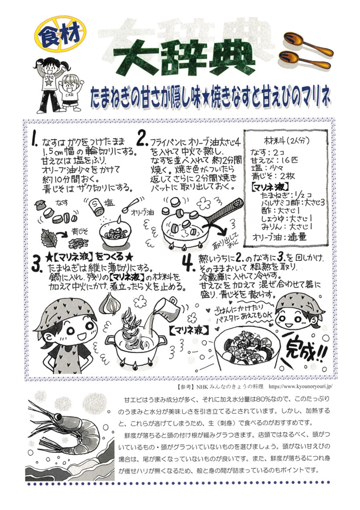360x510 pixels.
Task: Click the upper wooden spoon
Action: pos(307,44)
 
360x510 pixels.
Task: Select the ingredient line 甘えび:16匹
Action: pos(274,160)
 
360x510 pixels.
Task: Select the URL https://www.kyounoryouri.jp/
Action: pos(301,386)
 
